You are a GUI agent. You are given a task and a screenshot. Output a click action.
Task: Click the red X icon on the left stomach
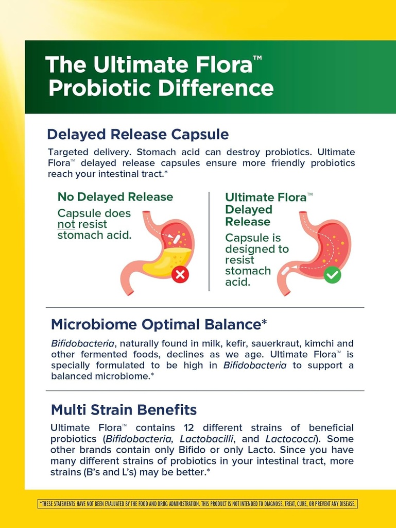(180, 274)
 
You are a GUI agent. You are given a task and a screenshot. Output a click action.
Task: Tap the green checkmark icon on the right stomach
(332, 274)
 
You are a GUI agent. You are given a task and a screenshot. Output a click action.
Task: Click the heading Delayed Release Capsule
(137, 135)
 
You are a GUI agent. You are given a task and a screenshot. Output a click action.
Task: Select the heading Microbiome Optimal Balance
(159, 324)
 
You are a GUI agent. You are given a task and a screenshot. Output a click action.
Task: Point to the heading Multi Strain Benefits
(124, 410)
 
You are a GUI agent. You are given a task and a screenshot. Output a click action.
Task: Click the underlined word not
(66, 225)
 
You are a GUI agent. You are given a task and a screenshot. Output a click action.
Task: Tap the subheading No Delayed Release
(115, 197)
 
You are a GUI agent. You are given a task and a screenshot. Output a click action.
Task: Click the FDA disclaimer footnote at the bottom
(198, 504)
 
